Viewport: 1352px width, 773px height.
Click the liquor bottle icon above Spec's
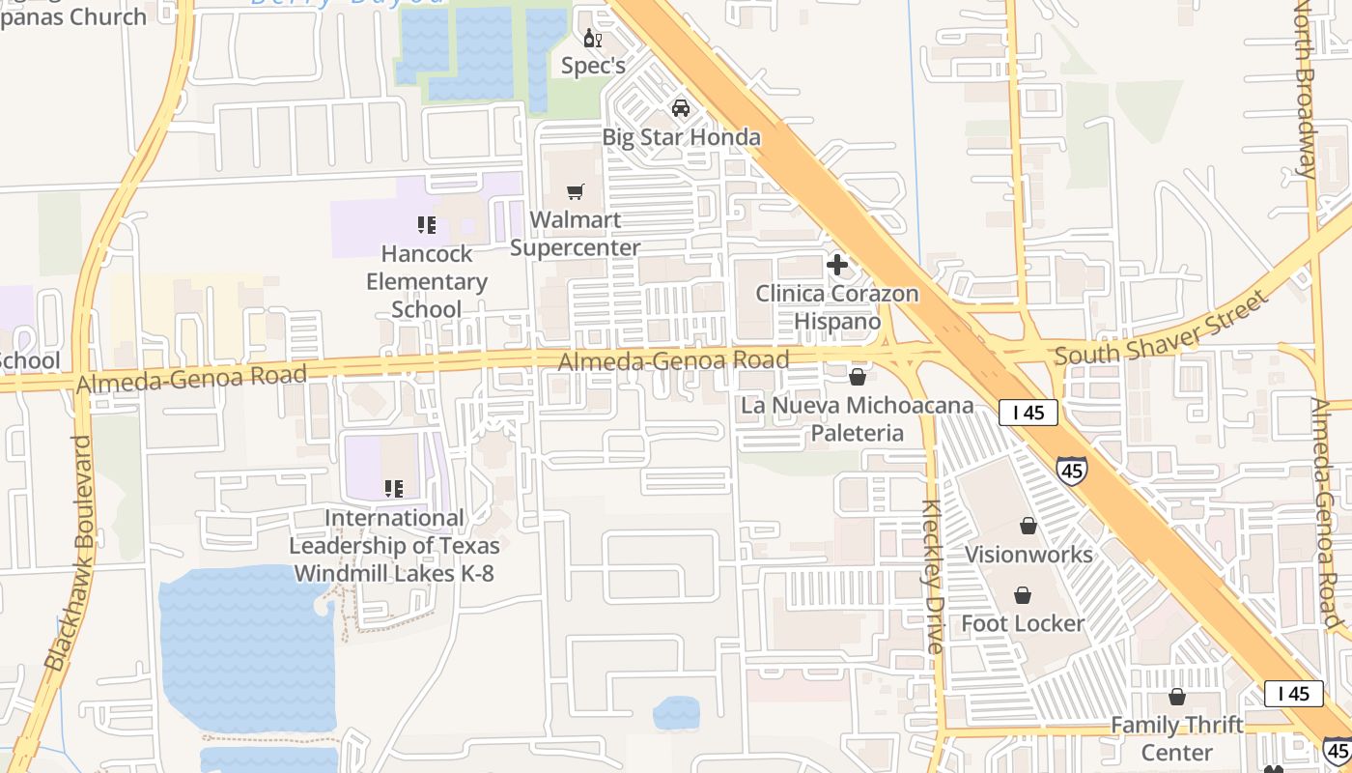[x=592, y=39]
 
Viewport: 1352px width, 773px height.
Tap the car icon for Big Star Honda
[x=681, y=107]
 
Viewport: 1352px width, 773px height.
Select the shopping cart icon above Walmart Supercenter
[x=576, y=192]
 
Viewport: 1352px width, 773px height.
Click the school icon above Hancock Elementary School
[x=426, y=225]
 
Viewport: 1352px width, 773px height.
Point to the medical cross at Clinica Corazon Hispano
[x=837, y=264]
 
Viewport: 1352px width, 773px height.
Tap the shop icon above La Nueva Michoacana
[x=858, y=377]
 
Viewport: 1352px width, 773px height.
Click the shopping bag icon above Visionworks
[x=1028, y=526]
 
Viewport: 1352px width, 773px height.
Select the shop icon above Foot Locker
[x=1023, y=595]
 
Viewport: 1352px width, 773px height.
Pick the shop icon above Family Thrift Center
[x=1177, y=697]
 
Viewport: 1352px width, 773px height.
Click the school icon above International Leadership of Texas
[x=393, y=489]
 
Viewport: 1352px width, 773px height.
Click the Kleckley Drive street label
[x=932, y=577]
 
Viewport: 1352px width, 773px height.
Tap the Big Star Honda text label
[x=681, y=137]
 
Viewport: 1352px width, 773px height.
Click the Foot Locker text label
[x=1023, y=623]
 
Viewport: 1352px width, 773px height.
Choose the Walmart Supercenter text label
[x=576, y=234]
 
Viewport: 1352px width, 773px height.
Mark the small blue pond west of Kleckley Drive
[x=676, y=713]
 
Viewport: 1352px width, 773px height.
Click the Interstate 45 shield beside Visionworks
[x=1070, y=471]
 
